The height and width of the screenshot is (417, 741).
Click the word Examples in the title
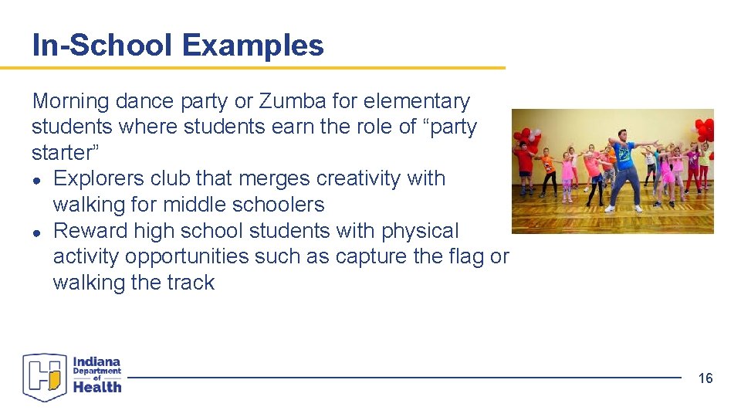point(253,46)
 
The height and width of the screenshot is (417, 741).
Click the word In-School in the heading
point(103,46)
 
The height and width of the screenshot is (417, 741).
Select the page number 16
point(705,378)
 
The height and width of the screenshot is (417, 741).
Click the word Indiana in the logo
point(97,361)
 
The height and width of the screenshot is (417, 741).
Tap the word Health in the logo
point(97,387)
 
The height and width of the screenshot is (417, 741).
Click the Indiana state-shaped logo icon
point(45,377)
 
